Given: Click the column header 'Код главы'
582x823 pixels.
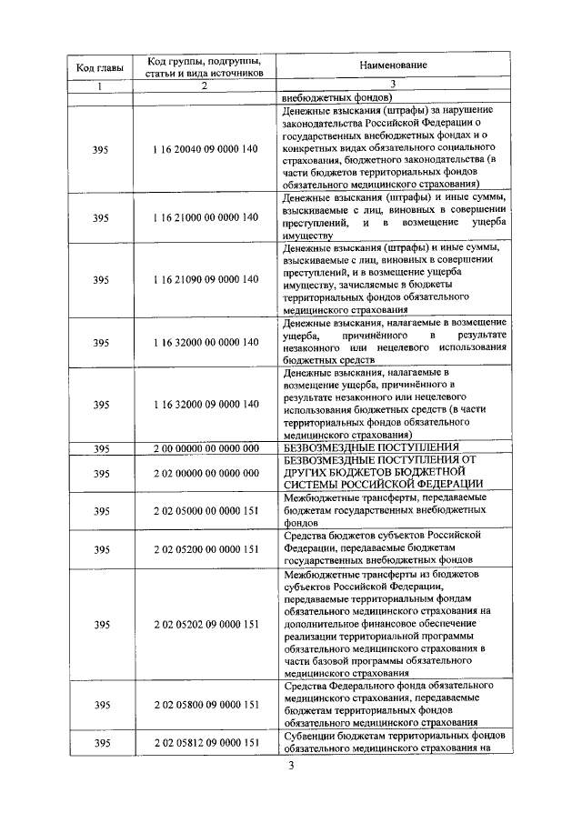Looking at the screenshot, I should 100,67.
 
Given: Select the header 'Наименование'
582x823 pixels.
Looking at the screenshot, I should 392,66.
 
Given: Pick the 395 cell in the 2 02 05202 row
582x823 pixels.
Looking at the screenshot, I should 100,624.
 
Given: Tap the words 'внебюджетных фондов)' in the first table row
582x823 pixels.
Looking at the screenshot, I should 336,97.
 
